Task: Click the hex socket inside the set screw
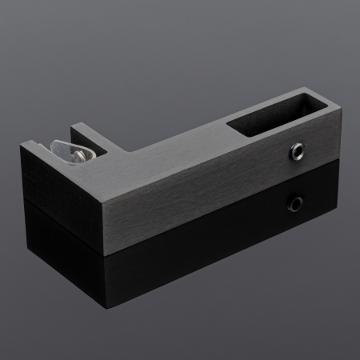pyautogui.click(x=298, y=149)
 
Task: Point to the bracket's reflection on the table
pyautogui.click(x=160, y=256)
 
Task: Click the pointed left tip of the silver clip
pyautogui.click(x=51, y=150)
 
